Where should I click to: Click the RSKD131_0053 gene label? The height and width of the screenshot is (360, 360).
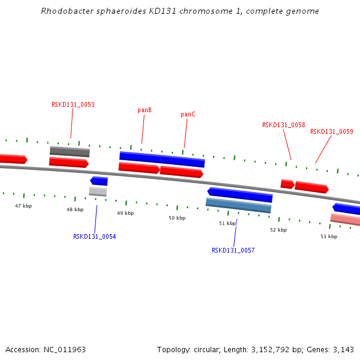click(73, 104)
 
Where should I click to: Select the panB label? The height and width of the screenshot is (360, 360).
click(145, 110)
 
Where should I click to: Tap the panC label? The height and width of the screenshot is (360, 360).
click(188, 115)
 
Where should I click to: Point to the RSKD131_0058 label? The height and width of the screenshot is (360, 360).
click(284, 125)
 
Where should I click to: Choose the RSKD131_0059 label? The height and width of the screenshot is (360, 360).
click(332, 131)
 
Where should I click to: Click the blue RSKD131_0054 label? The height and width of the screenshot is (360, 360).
click(95, 236)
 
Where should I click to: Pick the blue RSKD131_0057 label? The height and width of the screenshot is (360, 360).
click(233, 250)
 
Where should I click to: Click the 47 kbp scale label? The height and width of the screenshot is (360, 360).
click(23, 206)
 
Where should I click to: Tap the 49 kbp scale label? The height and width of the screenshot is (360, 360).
click(125, 213)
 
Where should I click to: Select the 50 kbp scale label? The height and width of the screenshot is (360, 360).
click(177, 218)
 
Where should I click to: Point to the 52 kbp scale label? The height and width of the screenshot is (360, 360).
click(278, 230)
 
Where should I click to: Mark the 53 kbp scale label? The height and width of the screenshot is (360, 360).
click(329, 236)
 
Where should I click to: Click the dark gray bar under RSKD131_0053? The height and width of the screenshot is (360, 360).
click(70, 152)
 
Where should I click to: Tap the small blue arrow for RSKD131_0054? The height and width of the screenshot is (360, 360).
click(99, 181)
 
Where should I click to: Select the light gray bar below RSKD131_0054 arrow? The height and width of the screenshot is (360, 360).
click(98, 191)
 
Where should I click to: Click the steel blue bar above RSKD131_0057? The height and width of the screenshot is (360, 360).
click(239, 205)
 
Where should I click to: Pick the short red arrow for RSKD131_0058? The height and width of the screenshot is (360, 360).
click(287, 184)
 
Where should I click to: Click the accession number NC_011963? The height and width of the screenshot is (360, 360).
click(65, 350)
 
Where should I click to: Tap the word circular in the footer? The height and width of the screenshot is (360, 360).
click(206, 350)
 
